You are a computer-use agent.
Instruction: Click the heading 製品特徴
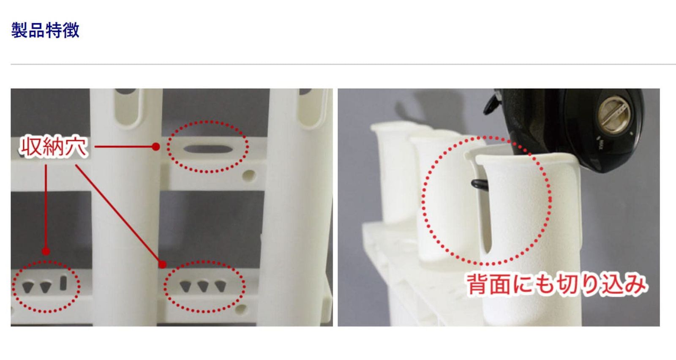[45, 30]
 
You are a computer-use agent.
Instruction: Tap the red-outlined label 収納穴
[54, 147]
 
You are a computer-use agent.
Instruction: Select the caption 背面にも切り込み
[556, 284]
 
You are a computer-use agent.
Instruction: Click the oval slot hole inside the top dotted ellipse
[207, 149]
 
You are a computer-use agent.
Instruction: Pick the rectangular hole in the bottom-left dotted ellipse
[63, 283]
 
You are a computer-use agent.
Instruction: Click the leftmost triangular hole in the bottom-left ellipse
[28, 287]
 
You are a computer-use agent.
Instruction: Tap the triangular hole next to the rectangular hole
[46, 287]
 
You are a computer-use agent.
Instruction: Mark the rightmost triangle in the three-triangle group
[220, 286]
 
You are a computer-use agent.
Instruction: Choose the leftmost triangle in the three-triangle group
[185, 286]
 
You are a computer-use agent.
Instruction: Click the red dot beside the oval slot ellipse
[156, 147]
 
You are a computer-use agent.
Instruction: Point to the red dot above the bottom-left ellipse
[46, 251]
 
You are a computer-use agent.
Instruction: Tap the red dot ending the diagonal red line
[163, 265]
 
